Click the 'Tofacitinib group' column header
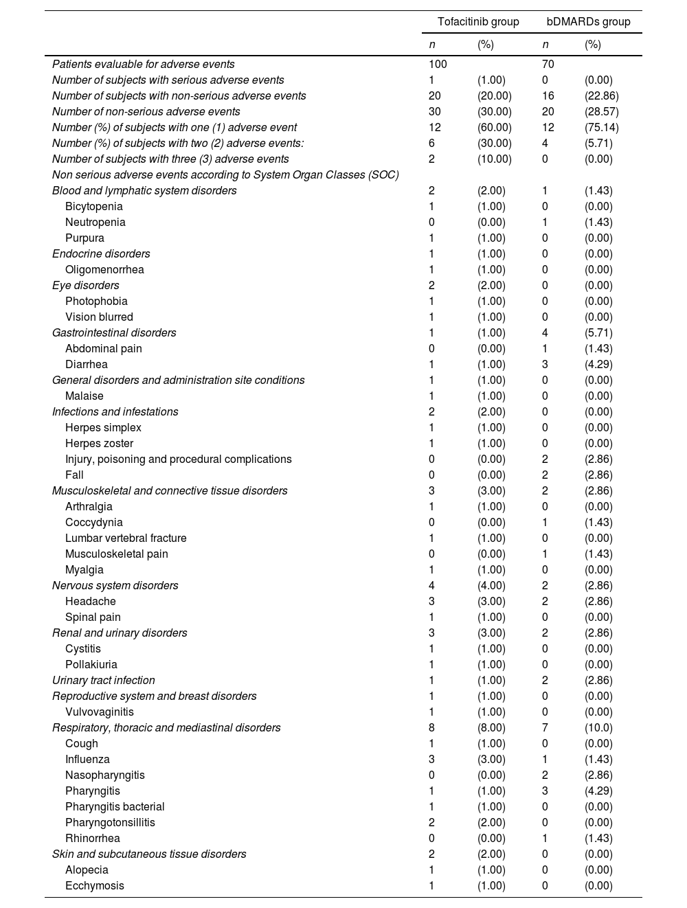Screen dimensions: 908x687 click(478, 22)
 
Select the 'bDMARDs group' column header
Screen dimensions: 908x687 click(588, 22)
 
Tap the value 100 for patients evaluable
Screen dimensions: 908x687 click(438, 64)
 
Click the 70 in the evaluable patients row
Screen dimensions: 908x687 click(548, 64)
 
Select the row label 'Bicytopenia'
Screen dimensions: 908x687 click(94, 206)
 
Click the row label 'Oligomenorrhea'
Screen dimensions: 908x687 click(104, 269)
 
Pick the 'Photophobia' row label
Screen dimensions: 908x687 click(96, 301)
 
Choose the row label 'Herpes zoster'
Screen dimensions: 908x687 click(99, 443)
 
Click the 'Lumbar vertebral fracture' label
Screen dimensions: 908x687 click(126, 538)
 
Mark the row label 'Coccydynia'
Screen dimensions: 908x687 click(94, 522)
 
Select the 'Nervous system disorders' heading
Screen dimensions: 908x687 click(115, 585)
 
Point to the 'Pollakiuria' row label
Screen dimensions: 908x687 click(91, 664)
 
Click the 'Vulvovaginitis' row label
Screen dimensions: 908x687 click(100, 712)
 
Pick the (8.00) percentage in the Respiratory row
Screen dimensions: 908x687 click(491, 727)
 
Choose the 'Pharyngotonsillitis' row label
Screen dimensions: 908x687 click(110, 822)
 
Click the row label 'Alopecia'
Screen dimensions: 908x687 click(87, 870)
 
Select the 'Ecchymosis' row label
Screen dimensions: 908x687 click(95, 885)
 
